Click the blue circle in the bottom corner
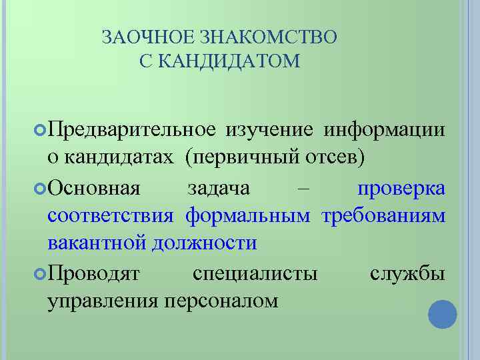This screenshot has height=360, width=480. tap(442, 315)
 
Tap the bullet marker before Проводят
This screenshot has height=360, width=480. tap(41, 273)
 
